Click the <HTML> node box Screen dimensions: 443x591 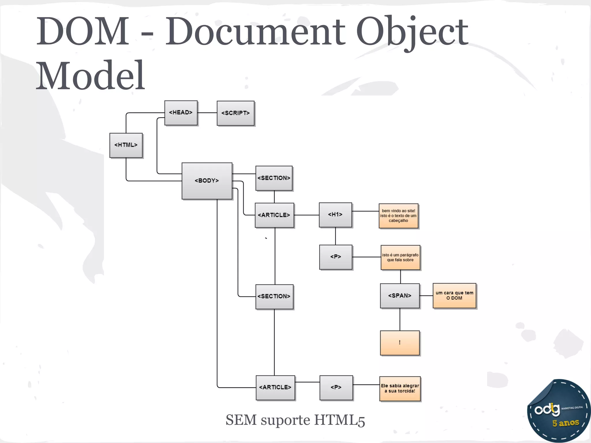126,145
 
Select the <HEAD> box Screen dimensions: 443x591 181,113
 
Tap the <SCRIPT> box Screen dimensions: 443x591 235,113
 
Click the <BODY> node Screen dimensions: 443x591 207,181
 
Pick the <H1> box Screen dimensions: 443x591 335,215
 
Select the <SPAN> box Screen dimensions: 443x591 400,296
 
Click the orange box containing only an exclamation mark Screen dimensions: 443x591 400,343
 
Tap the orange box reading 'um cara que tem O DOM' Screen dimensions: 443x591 455,296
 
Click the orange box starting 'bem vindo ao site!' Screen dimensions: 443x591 399,216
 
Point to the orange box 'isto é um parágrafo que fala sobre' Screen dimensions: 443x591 400,258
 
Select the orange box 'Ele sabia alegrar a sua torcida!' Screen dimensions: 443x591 400,388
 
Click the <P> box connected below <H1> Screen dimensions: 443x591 336,257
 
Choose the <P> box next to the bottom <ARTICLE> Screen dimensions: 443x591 336,388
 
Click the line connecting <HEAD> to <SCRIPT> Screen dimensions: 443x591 207,113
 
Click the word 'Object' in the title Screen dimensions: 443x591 412,32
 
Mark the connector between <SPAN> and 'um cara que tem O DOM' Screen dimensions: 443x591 426,296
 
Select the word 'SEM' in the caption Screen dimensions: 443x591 241,420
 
